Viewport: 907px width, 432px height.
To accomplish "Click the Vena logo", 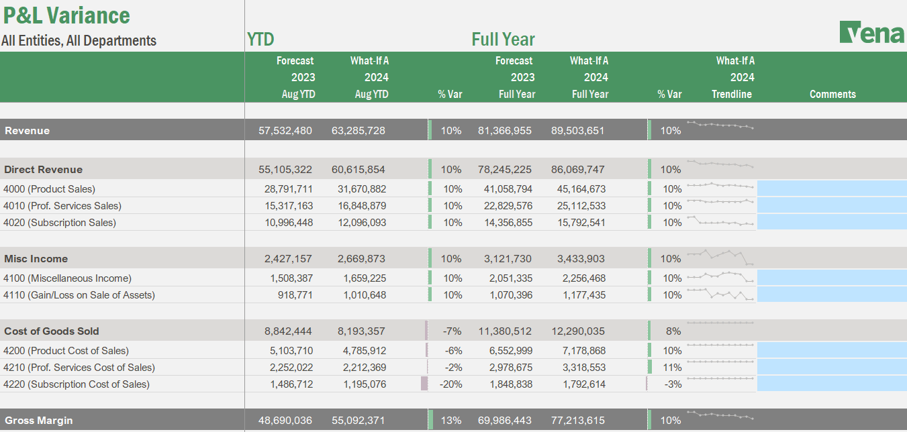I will [x=871, y=32].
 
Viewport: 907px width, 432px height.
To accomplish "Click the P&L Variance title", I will [x=66, y=15].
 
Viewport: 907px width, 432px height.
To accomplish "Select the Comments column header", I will [x=832, y=94].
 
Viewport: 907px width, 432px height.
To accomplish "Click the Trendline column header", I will [x=732, y=94].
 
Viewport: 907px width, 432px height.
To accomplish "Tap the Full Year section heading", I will [x=503, y=39].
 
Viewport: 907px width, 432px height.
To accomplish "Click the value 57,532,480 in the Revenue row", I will [x=285, y=130].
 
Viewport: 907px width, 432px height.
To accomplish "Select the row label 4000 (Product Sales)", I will [x=50, y=189].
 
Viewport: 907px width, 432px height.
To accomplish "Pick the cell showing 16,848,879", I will [x=359, y=206].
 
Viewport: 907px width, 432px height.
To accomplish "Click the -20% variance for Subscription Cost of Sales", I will [x=450, y=384].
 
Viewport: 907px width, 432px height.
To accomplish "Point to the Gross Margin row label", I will [x=39, y=421].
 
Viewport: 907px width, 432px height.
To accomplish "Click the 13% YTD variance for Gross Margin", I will [x=452, y=421].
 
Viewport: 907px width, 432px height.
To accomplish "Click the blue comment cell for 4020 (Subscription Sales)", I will [x=831, y=222].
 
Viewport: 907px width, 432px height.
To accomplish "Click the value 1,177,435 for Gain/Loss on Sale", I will [x=581, y=295].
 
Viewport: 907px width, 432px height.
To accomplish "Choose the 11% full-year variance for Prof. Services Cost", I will [x=672, y=368].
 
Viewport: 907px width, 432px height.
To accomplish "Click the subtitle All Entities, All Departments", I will [x=79, y=40].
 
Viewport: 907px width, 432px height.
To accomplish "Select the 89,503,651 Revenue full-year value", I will [x=577, y=130].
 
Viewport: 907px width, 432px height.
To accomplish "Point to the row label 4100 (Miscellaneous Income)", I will [x=67, y=278].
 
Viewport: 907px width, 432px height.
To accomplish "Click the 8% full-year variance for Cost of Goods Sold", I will [x=673, y=331].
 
